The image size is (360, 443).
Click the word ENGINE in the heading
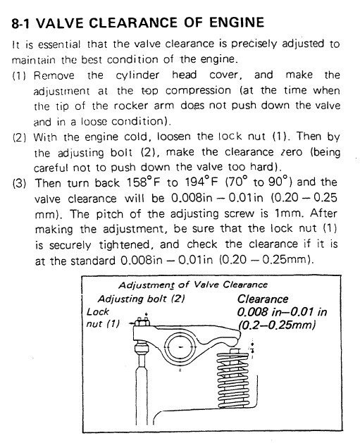[237, 23]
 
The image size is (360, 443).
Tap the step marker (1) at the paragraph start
[19, 76]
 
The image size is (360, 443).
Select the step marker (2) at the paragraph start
[19, 137]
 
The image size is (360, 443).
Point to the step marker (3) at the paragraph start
[19, 184]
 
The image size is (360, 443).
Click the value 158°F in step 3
[143, 182]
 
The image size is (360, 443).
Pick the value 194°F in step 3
[201, 182]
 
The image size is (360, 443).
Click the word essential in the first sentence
[59, 44]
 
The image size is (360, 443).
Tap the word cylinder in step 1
[137, 75]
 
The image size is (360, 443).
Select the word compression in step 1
[198, 91]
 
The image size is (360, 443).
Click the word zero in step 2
[292, 152]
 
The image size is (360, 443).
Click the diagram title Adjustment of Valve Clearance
[193, 285]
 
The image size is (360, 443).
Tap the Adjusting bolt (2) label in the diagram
[141, 299]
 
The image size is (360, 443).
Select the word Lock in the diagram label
[97, 312]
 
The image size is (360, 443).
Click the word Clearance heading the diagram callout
[263, 299]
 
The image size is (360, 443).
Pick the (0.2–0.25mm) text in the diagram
[277, 325]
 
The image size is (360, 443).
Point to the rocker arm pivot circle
[181, 347]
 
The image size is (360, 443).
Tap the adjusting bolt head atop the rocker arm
[142, 321]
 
